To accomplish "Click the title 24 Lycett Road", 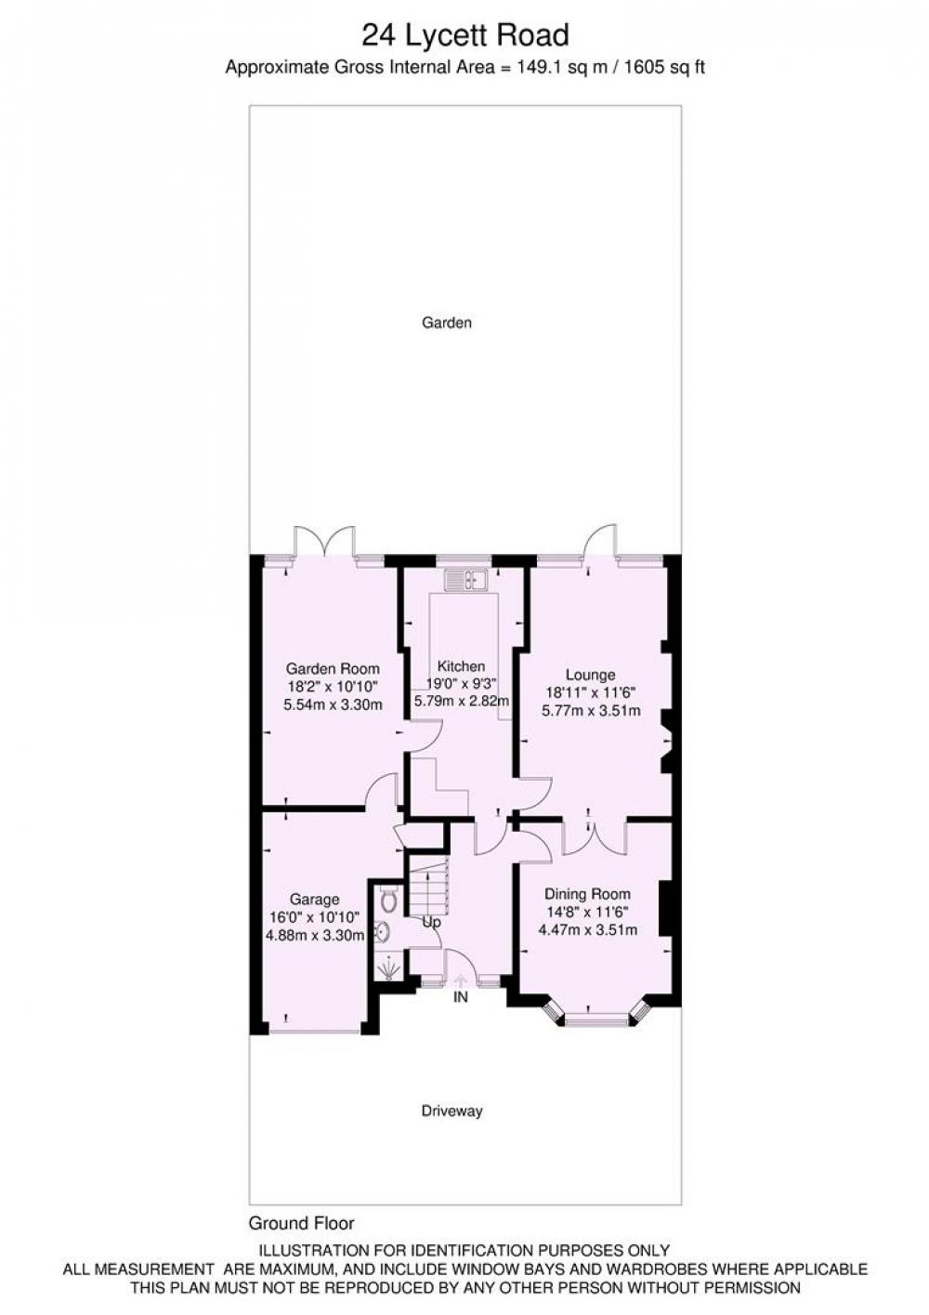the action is pos(464,35).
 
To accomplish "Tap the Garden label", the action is pos(447,322).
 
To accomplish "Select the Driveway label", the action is pos(451,1111).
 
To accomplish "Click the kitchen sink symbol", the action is pos(464,580).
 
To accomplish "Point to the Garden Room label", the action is pos(333,668).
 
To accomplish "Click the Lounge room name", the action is pos(591,675).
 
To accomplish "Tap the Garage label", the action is pos(315,900).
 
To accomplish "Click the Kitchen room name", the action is pos(462,665).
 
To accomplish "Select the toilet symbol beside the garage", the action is pos(388,899).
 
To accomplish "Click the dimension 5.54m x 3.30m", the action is pos(333,704).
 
